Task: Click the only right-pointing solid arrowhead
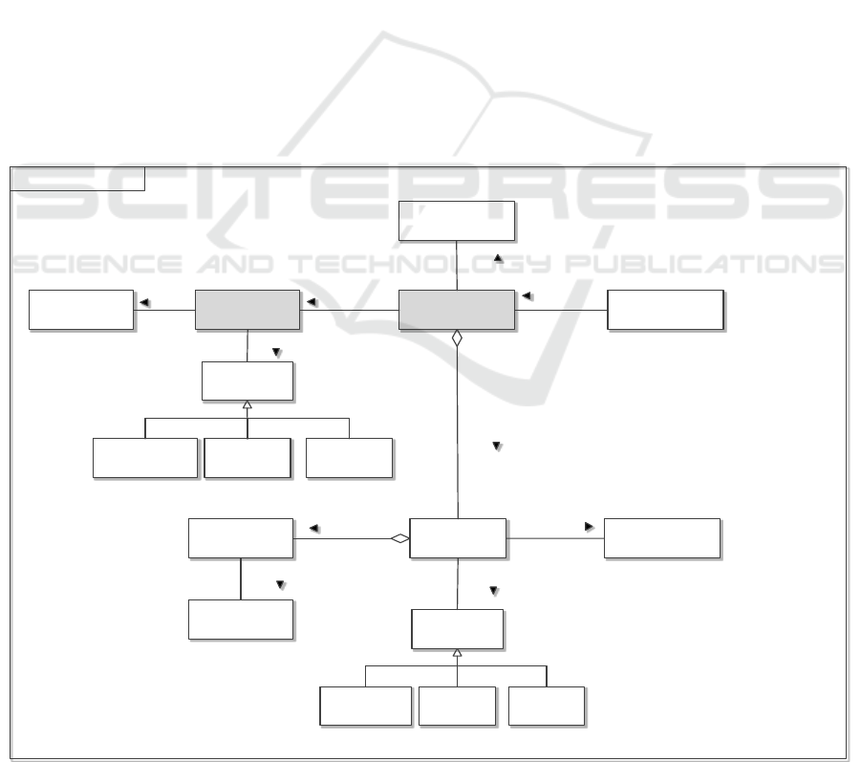click(x=589, y=526)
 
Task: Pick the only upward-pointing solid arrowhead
click(x=497, y=258)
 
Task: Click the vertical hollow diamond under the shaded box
click(x=457, y=337)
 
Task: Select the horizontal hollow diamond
click(x=399, y=539)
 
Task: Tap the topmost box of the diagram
click(x=457, y=221)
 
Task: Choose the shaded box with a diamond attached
click(x=457, y=310)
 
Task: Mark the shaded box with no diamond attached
click(x=247, y=310)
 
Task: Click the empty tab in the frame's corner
click(x=76, y=178)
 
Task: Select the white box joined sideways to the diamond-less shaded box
click(x=81, y=310)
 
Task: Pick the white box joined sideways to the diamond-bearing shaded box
click(x=665, y=310)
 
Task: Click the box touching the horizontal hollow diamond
click(x=457, y=539)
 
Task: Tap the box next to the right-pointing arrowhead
click(x=661, y=538)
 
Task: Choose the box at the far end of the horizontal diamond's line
click(x=241, y=538)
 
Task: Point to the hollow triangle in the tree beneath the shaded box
click(x=247, y=405)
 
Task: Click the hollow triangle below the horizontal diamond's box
click(x=457, y=652)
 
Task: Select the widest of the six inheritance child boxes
click(x=145, y=458)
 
